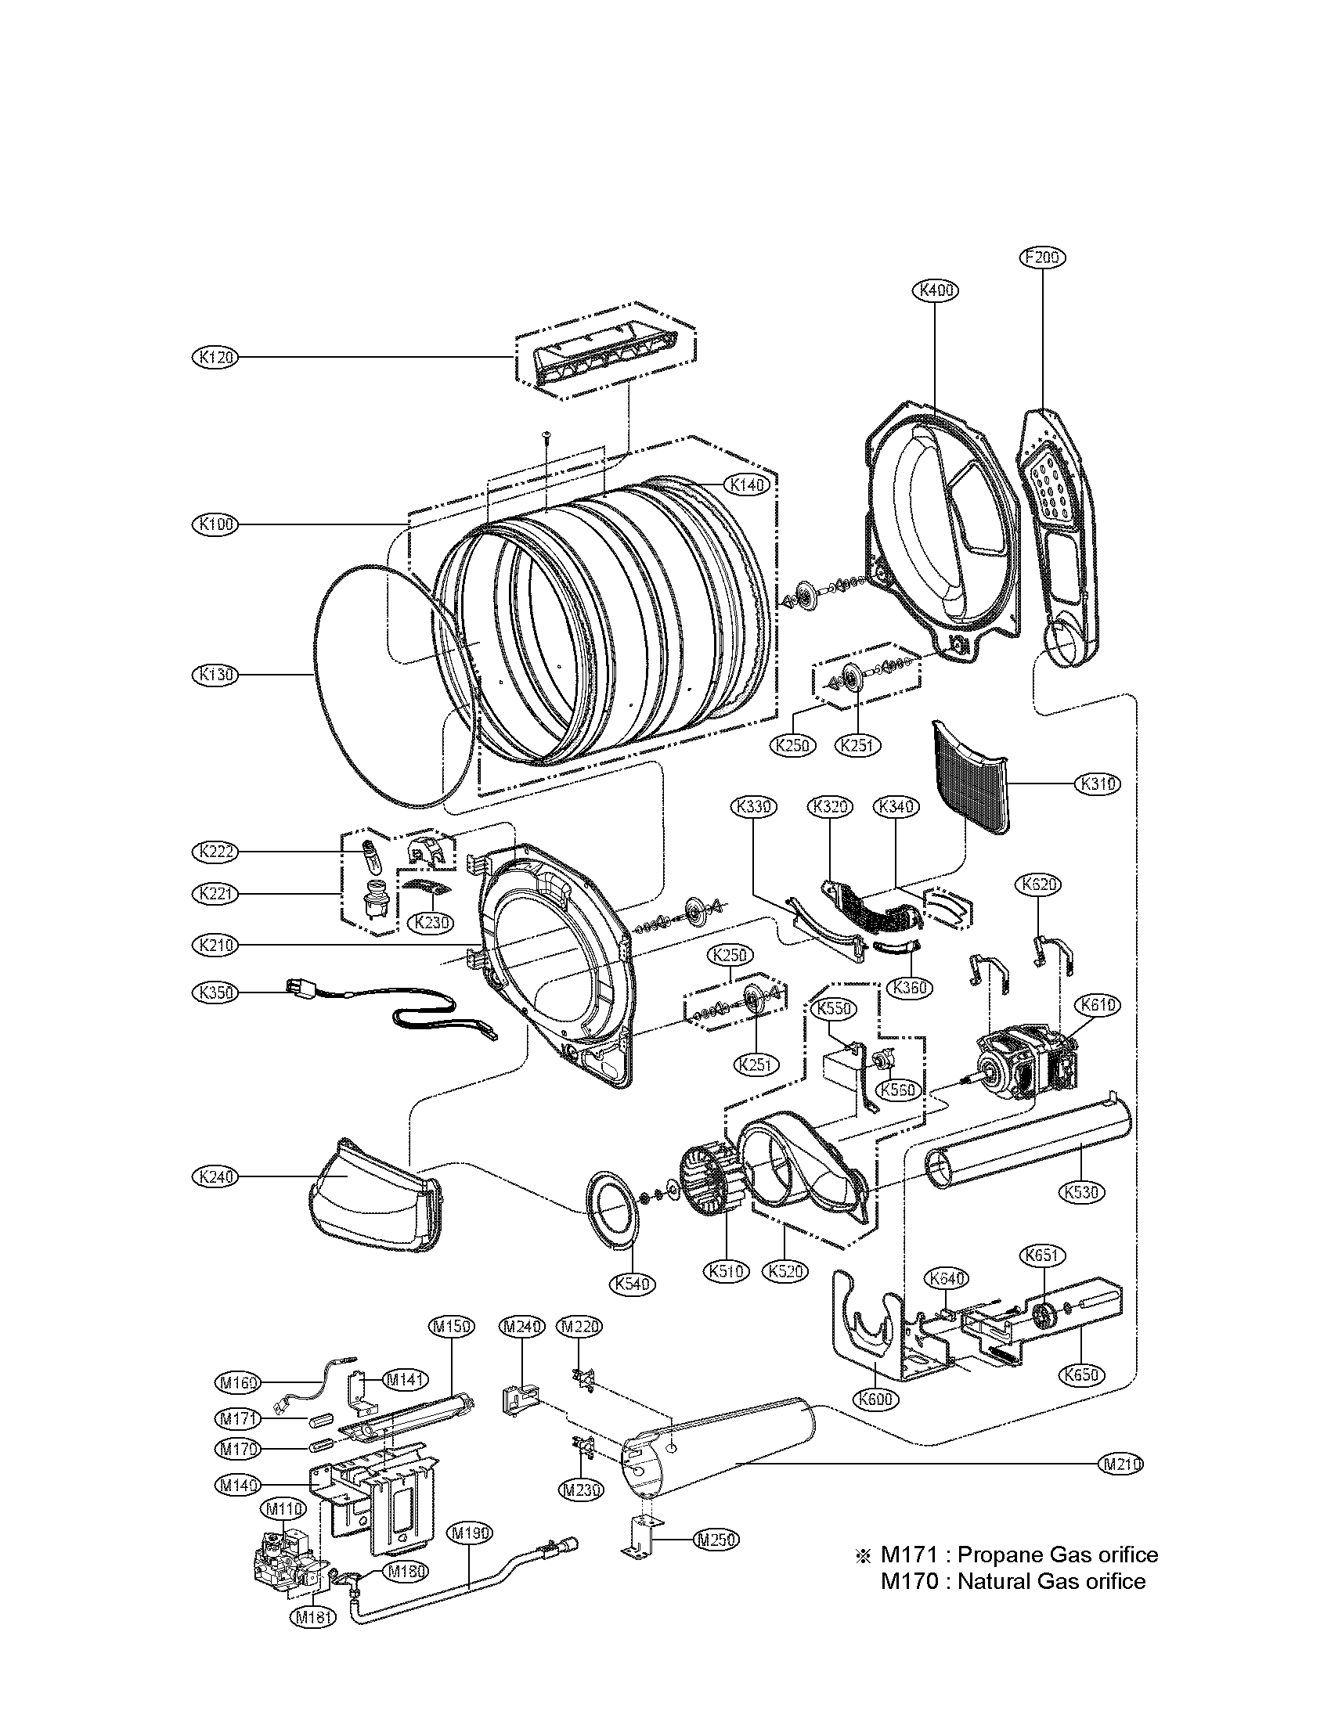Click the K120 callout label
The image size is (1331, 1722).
coord(215,357)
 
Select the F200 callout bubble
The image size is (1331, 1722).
coord(1042,257)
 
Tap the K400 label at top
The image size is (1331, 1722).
coord(935,290)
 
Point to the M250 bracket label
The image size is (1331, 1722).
coord(716,1538)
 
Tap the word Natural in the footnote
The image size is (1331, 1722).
coord(994,1581)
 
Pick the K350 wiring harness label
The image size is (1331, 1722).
coord(215,992)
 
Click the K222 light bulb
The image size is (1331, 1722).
coord(369,853)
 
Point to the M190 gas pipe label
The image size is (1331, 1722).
coord(471,1533)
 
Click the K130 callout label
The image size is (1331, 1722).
coord(215,675)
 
